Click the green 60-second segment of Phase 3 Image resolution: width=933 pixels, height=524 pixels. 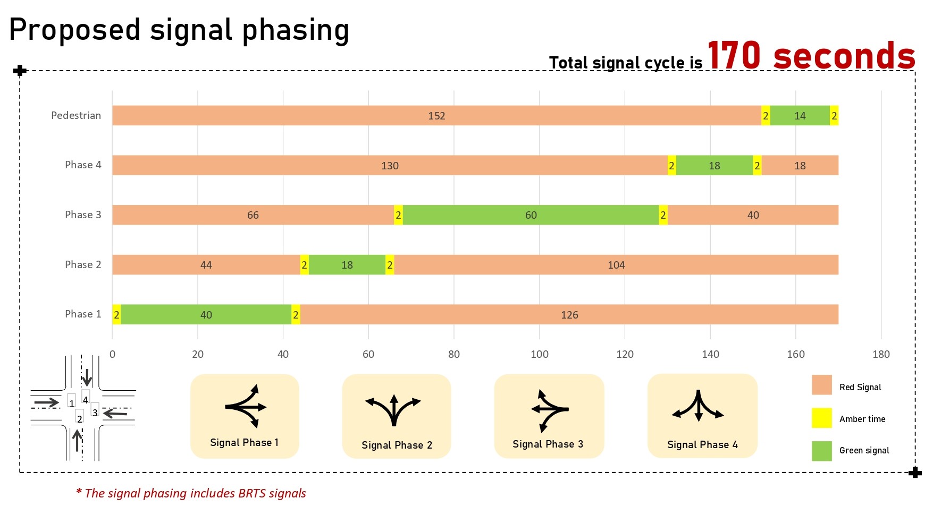click(531, 215)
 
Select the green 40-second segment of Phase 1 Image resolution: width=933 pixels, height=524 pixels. click(206, 315)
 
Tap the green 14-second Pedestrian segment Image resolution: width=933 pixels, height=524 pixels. click(800, 116)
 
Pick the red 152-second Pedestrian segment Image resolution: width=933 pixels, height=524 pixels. click(436, 116)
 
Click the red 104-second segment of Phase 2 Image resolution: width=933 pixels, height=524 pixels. click(616, 265)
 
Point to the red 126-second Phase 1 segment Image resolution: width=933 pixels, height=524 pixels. click(569, 315)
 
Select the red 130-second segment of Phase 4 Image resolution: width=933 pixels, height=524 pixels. click(390, 166)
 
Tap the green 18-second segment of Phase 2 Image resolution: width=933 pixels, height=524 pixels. click(347, 265)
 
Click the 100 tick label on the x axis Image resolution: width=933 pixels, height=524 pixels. click(539, 354)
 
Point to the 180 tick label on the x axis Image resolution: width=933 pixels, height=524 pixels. click(880, 354)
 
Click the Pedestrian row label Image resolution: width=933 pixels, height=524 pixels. click(76, 115)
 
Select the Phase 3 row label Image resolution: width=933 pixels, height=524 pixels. click(83, 214)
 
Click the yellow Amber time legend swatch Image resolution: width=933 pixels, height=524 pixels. click(821, 418)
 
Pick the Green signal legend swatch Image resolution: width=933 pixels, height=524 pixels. click(821, 451)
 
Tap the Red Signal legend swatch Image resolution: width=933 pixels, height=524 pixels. click(821, 385)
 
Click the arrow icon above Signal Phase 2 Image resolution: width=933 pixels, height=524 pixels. click(393, 410)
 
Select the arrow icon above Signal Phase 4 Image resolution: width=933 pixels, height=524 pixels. click(698, 406)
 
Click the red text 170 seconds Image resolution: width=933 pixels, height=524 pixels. click(811, 56)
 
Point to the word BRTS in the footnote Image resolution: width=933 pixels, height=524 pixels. click(252, 493)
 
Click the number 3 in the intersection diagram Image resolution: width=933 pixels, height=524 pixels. click(95, 412)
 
